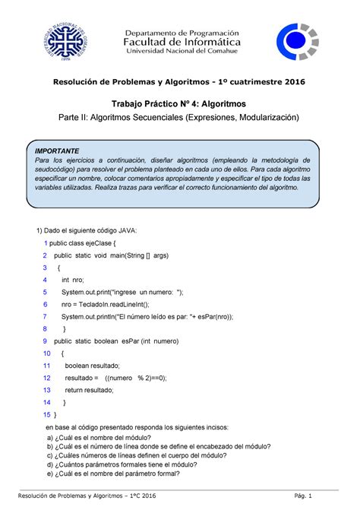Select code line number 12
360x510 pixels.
pos(46,378)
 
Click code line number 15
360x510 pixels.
pos(46,414)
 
